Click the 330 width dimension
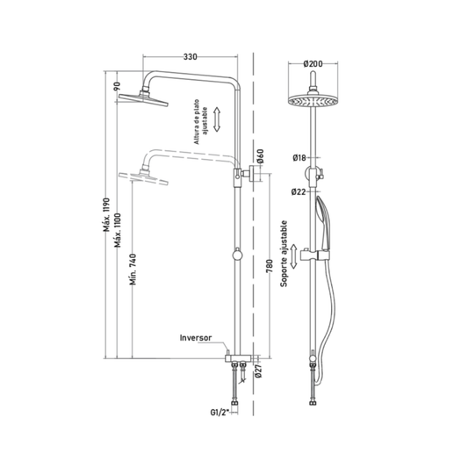[191, 57]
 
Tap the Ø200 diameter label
[313, 64]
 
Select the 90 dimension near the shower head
[118, 86]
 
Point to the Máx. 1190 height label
[107, 215]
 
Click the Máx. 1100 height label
[119, 230]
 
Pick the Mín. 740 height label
[133, 270]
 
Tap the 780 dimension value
[270, 266]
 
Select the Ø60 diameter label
[261, 156]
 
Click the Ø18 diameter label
[299, 157]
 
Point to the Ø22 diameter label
[299, 192]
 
